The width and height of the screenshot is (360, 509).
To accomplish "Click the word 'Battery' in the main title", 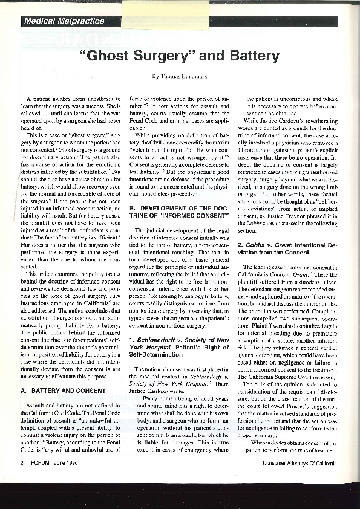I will click(x=248, y=56).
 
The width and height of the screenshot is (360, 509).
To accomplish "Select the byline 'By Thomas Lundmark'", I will click(x=180, y=76).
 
